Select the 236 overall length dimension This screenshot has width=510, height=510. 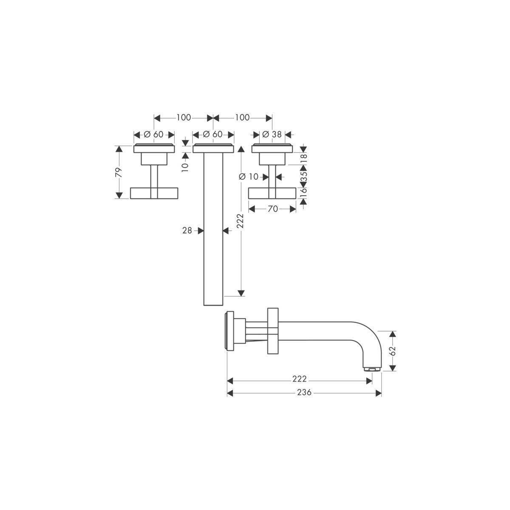pyautogui.click(x=304, y=393)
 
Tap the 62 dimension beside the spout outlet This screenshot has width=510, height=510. pyautogui.click(x=392, y=351)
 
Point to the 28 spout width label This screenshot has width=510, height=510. pyautogui.click(x=187, y=230)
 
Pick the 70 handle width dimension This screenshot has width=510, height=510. pyautogui.click(x=272, y=209)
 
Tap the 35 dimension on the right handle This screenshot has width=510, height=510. pyautogui.click(x=303, y=177)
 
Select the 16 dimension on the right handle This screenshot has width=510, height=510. pyautogui.click(x=303, y=193)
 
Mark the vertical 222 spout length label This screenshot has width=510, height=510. pyautogui.click(x=241, y=221)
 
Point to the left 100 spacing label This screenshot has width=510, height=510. pyautogui.click(x=183, y=118)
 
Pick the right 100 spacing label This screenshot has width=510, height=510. pyautogui.click(x=242, y=118)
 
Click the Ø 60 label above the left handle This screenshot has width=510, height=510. pyautogui.click(x=153, y=134)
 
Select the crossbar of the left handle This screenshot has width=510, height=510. pyautogui.click(x=154, y=193)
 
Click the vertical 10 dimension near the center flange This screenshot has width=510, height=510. pyautogui.click(x=185, y=164)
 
